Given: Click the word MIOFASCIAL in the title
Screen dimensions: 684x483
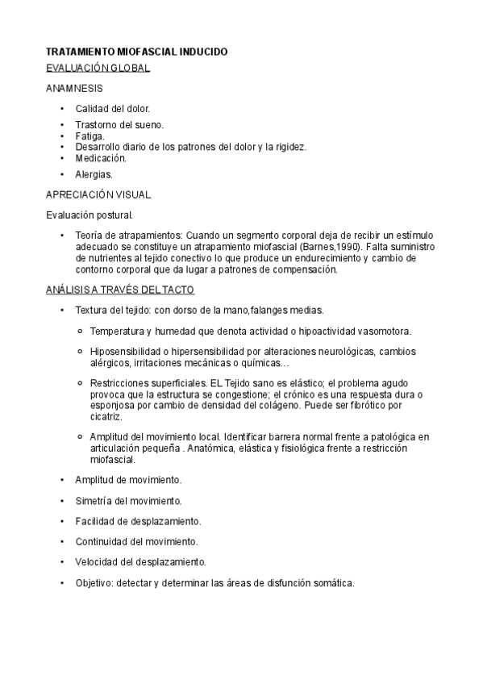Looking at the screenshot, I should click(x=142, y=52).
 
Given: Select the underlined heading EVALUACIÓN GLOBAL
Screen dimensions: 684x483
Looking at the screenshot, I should click(x=98, y=69).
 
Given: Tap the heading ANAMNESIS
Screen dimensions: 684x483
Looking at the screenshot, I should click(x=73, y=88).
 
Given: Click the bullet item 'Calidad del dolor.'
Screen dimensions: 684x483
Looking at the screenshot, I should click(x=112, y=108).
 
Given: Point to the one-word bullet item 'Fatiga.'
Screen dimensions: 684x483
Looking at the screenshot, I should click(x=90, y=136).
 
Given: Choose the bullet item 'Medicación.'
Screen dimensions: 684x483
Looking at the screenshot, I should click(x=102, y=158).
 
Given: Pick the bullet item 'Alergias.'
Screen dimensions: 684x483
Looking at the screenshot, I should click(x=94, y=174).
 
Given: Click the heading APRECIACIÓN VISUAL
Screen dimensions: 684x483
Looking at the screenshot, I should click(x=98, y=194).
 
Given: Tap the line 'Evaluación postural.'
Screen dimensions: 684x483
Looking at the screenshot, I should click(x=90, y=215).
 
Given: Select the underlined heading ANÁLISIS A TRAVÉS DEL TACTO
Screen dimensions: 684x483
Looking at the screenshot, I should click(x=120, y=289).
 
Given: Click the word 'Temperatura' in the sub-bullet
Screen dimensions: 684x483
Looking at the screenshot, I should click(x=118, y=331).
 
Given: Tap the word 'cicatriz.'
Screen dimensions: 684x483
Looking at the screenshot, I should click(x=106, y=417).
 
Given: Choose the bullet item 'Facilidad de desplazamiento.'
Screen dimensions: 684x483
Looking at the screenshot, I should click(x=138, y=521).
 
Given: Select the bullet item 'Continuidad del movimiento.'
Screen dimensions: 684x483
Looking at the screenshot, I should click(x=136, y=541).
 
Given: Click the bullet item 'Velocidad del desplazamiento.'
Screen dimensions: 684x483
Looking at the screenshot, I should click(x=140, y=561).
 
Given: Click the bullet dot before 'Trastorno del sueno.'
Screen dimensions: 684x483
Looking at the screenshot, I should click(x=62, y=125).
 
